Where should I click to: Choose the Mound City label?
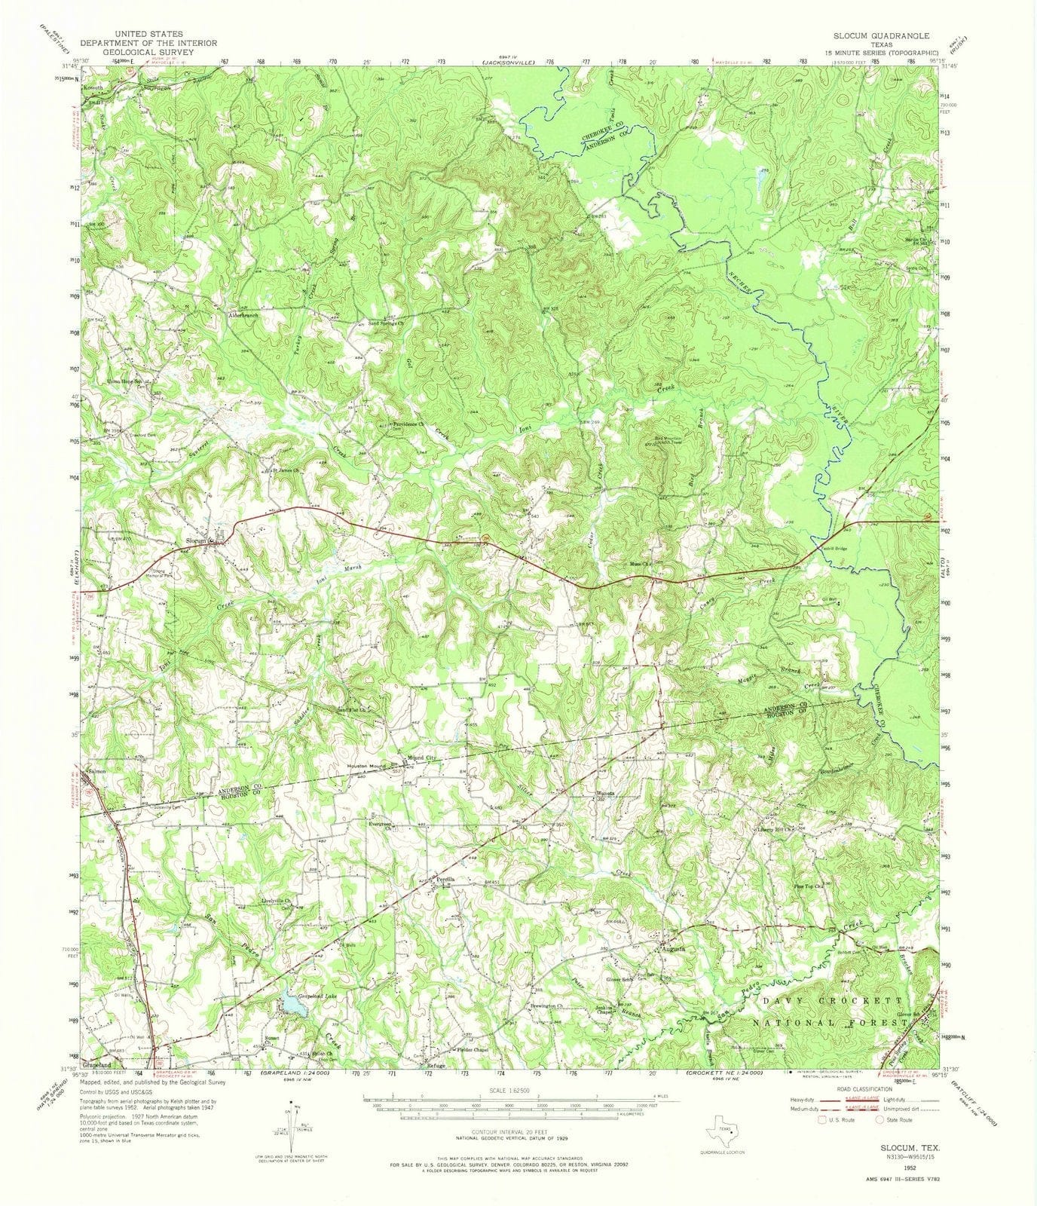[x=421, y=761]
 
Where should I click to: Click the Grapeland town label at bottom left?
[x=98, y=1065]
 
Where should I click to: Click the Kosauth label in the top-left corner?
[x=102, y=88]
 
